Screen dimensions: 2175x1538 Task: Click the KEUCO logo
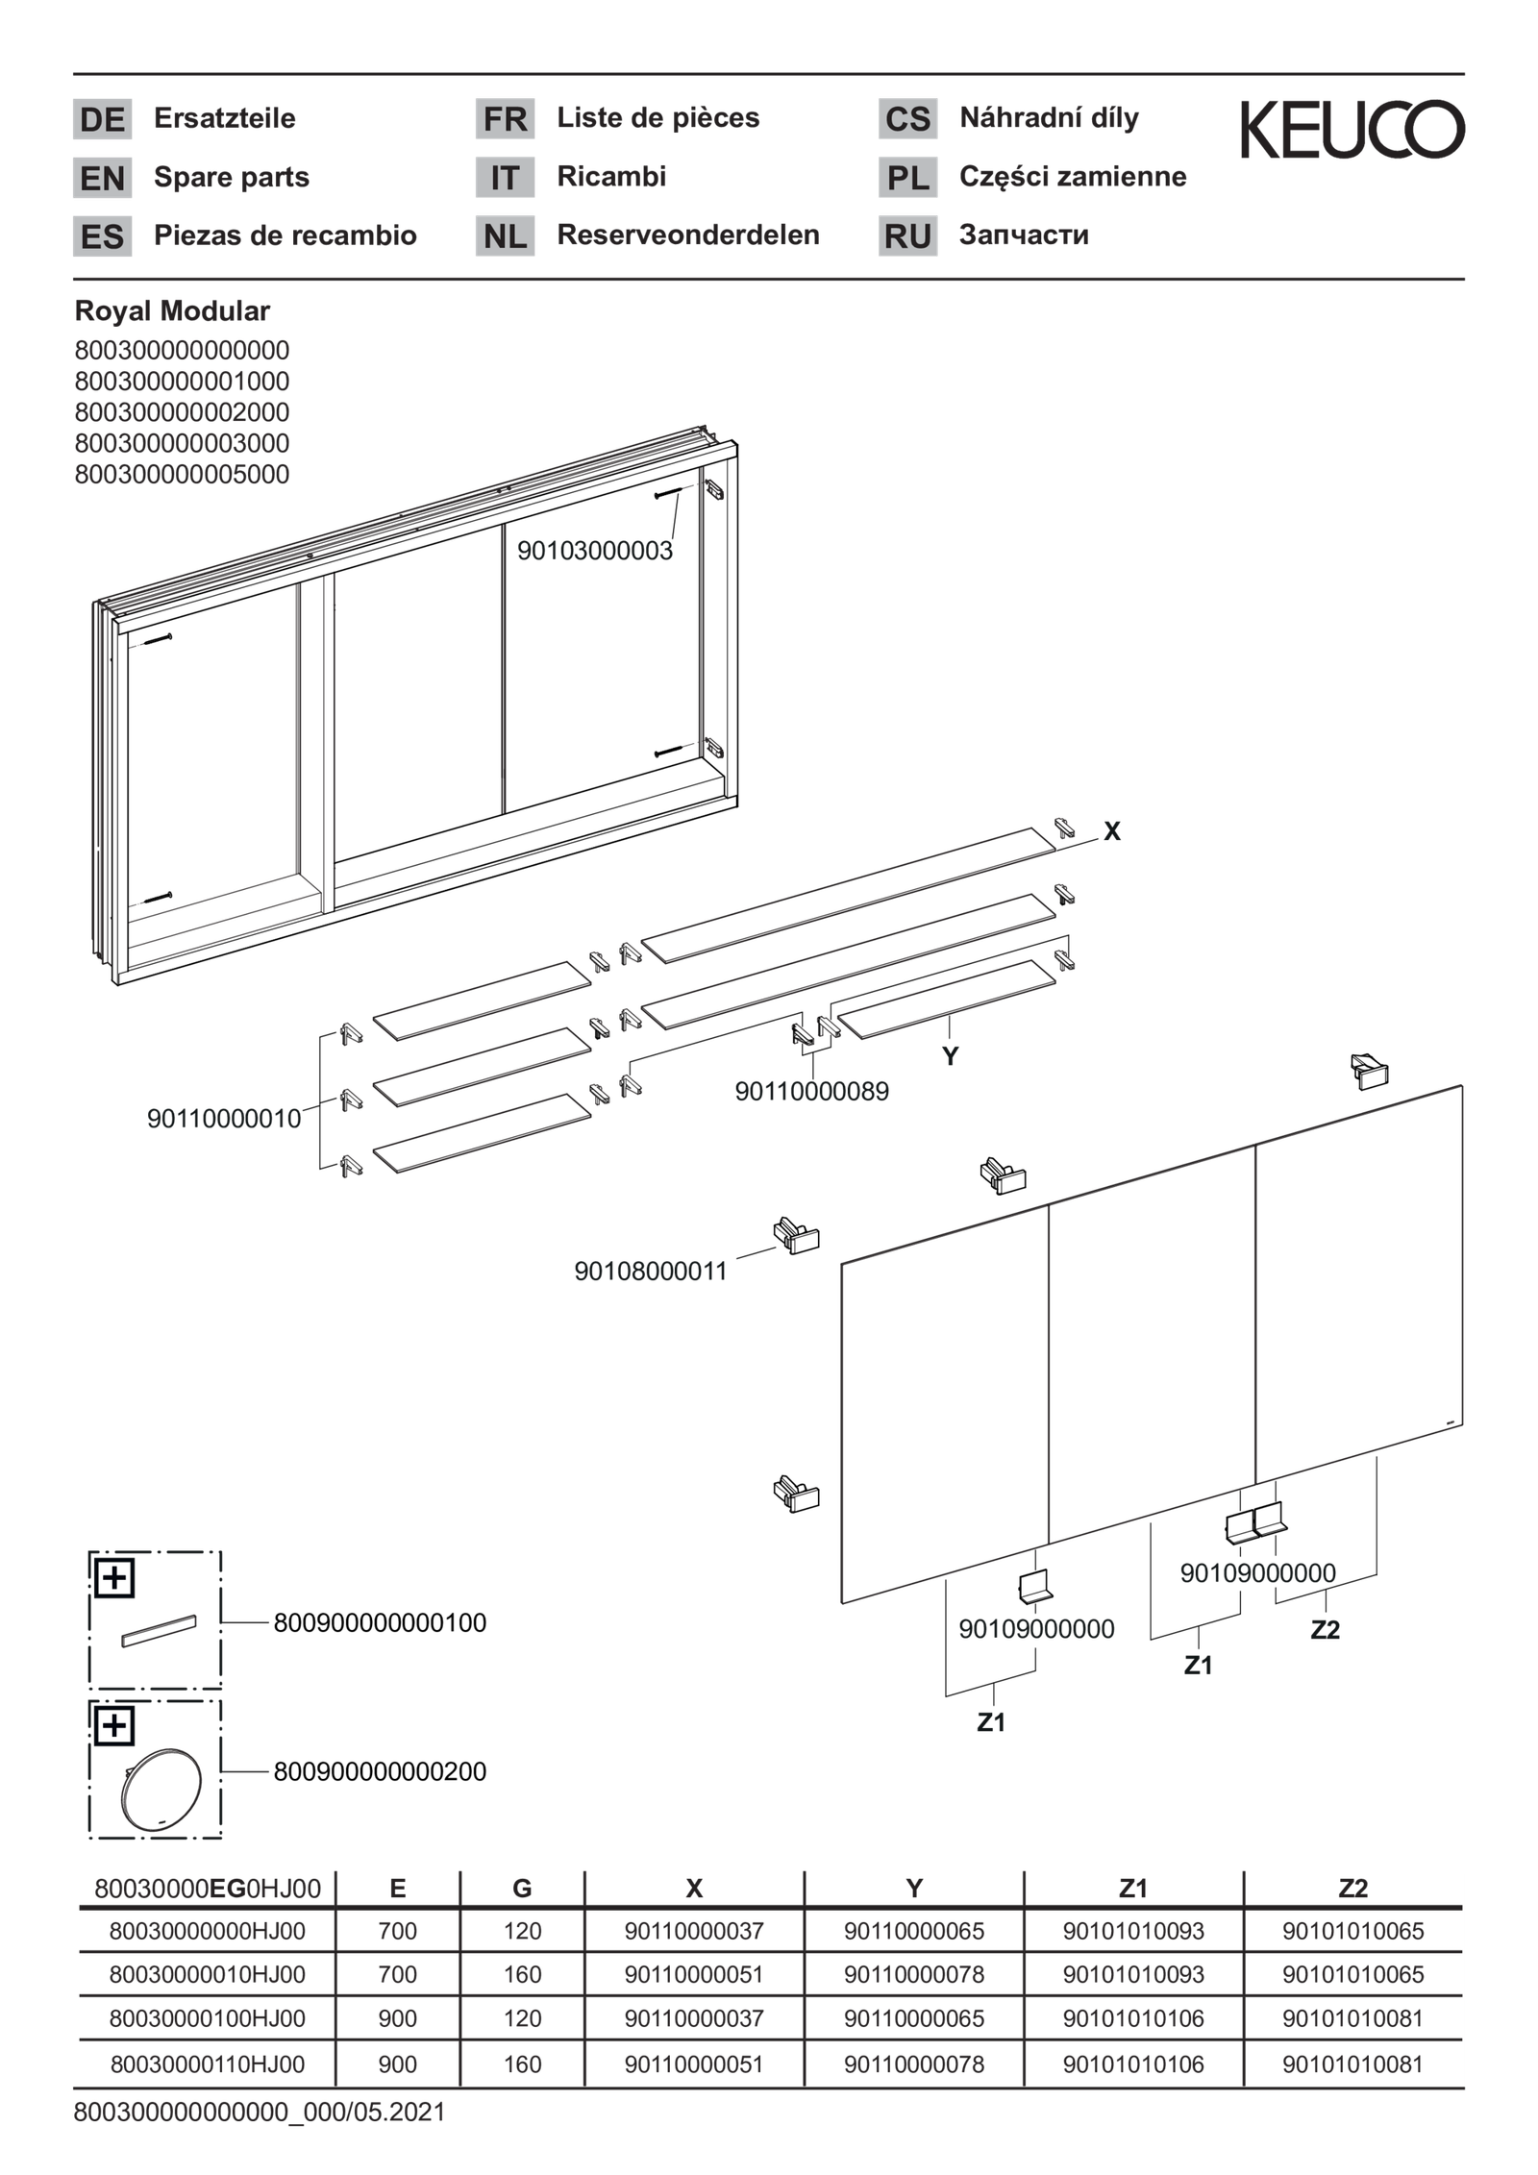click(x=1352, y=129)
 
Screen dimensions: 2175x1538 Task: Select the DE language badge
click(x=102, y=119)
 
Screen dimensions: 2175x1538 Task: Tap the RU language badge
click(x=907, y=236)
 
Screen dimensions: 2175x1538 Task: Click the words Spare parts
click(x=232, y=178)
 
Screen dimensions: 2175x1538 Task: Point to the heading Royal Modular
click(x=172, y=311)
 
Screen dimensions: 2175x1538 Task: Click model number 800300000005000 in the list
click(x=182, y=475)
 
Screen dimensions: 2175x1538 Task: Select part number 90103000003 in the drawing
click(x=594, y=551)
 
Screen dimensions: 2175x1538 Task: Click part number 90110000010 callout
click(x=224, y=1119)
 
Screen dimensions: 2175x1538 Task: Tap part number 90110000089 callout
click(x=811, y=1092)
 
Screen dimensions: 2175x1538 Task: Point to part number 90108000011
click(x=651, y=1272)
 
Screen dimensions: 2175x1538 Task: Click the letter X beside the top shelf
click(x=1112, y=831)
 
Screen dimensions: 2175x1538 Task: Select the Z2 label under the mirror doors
click(x=1325, y=1630)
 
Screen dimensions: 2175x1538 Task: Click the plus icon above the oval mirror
click(x=114, y=1727)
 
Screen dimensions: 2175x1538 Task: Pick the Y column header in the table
click(x=914, y=1889)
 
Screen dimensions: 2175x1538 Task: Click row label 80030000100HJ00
click(x=207, y=2017)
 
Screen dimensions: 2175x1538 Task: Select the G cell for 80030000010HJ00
click(x=522, y=1974)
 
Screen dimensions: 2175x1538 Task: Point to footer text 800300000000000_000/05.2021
click(x=260, y=2113)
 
